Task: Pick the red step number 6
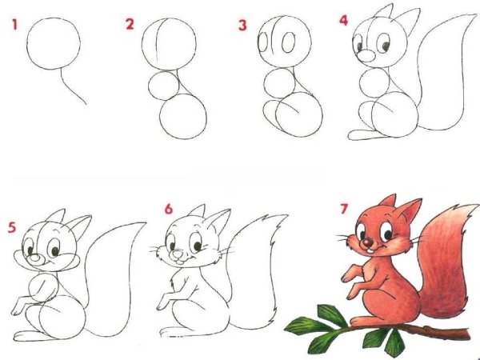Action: (x=169, y=210)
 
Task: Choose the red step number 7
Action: (x=344, y=210)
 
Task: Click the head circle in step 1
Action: (x=54, y=45)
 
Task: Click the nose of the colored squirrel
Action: (x=367, y=242)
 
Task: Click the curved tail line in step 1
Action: (x=75, y=89)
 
